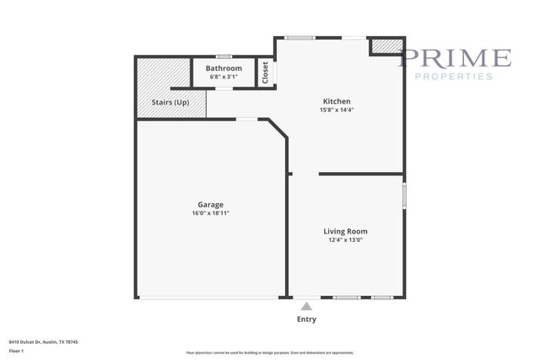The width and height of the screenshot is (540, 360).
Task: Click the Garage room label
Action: click(210, 205)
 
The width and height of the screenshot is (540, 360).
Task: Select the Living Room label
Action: click(345, 231)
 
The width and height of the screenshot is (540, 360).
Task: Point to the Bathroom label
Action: click(224, 68)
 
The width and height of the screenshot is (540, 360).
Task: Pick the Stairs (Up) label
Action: click(170, 102)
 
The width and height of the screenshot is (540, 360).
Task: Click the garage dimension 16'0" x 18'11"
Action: click(210, 213)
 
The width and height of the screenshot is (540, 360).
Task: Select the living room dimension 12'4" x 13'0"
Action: click(345, 239)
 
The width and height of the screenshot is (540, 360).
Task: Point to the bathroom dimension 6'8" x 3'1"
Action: click(224, 77)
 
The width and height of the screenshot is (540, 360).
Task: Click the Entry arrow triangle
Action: click(306, 306)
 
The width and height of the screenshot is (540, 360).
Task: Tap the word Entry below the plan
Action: click(306, 320)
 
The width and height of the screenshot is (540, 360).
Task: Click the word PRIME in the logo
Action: click(455, 58)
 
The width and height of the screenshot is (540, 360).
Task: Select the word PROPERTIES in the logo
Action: click(455, 77)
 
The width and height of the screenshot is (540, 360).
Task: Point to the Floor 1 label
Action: click(16, 350)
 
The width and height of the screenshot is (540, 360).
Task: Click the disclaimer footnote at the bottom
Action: click(269, 352)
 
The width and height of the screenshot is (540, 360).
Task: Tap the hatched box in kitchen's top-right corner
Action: click(387, 46)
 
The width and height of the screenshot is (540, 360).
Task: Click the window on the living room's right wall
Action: click(404, 196)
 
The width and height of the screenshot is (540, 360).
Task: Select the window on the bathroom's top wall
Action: click(224, 56)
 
